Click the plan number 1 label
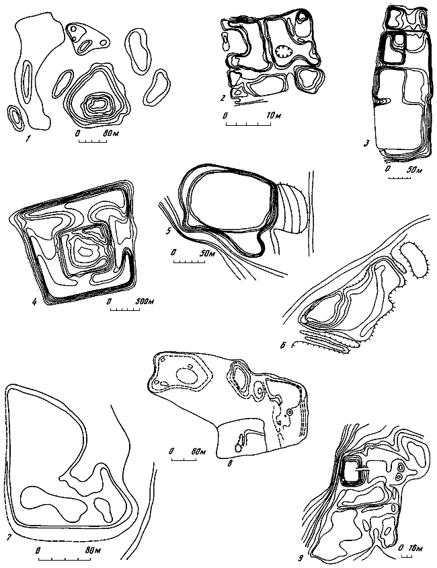point(27,139)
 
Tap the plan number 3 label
point(367,144)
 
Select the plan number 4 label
point(35,301)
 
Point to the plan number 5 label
point(168,231)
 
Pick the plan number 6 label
point(284,345)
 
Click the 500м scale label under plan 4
point(145,301)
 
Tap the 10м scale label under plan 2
point(274,116)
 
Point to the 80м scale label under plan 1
point(111,133)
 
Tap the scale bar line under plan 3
point(397,178)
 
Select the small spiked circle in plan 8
point(238,448)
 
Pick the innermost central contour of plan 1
point(97,104)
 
